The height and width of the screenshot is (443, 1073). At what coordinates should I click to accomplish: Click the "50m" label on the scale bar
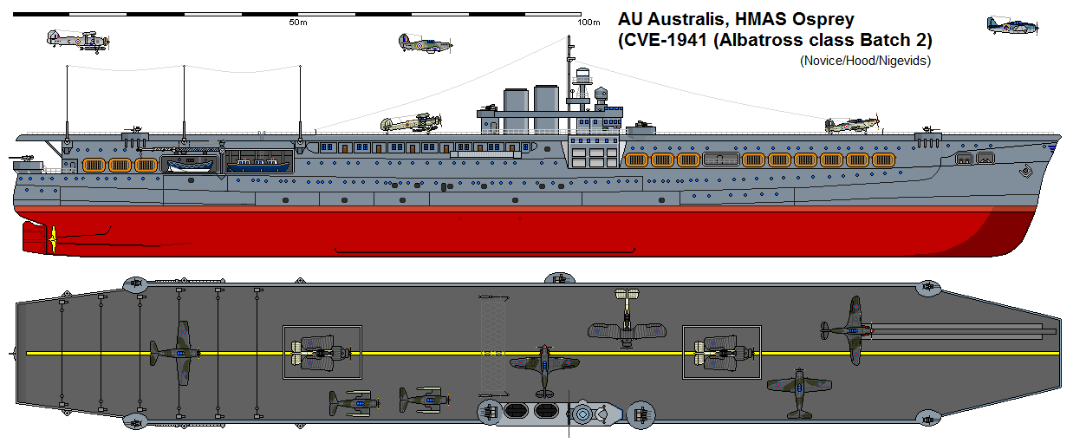(x=297, y=23)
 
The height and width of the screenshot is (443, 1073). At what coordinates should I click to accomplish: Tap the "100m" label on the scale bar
(x=589, y=23)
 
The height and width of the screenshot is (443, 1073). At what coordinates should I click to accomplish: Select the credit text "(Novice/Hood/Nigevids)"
(x=865, y=61)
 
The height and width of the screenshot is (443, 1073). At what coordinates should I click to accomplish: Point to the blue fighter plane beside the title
(x=1006, y=25)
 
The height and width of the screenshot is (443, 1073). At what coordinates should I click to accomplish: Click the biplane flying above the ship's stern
(x=76, y=40)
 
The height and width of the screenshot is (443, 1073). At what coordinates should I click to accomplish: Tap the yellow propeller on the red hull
(x=54, y=238)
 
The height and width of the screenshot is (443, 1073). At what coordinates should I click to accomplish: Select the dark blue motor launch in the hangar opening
(x=257, y=163)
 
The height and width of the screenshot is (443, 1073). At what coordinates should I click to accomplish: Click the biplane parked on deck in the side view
(x=406, y=124)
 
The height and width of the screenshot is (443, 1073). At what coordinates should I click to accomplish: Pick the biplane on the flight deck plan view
(x=623, y=323)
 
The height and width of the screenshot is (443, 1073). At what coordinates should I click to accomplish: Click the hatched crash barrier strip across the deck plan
(x=492, y=347)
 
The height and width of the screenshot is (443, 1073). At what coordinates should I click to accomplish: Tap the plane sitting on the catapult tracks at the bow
(x=849, y=326)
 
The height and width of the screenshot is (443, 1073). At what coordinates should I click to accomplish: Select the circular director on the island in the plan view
(x=582, y=415)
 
